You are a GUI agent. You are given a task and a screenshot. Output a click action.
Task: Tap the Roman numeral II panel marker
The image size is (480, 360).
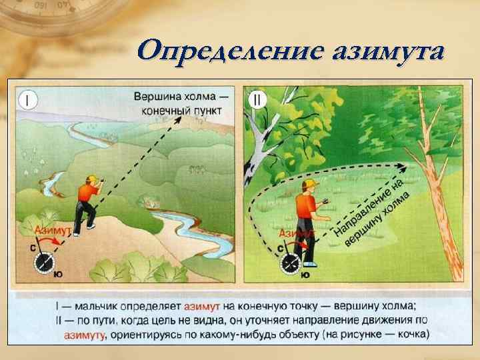tap(257, 99)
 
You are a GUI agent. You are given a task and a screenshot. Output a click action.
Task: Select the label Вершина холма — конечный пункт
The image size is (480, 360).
tap(180, 103)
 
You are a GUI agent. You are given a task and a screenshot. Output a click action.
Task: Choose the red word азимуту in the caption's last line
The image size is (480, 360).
tap(85, 335)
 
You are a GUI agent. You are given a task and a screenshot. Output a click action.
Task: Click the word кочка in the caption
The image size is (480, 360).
tap(408, 335)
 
